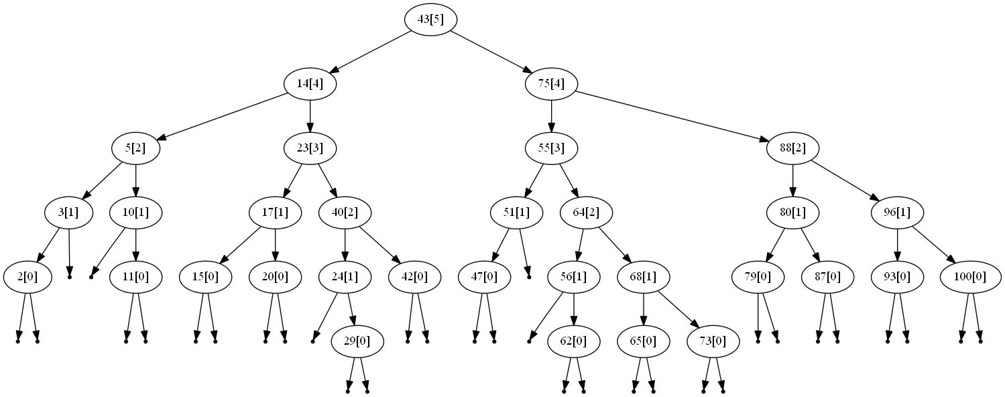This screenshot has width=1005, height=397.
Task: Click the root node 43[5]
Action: (430, 19)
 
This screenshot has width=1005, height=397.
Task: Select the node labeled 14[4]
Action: (310, 84)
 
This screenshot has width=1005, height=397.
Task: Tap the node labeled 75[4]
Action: (551, 84)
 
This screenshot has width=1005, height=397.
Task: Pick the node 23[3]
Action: (310, 148)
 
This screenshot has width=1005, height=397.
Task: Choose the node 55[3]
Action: (551, 148)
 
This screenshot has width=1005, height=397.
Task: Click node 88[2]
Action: (792, 148)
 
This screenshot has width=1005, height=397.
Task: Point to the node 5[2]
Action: (135, 148)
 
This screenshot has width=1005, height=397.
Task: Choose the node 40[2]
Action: (345, 213)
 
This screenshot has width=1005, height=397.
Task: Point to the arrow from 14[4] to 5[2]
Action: (221, 116)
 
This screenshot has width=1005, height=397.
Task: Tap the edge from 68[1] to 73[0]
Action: (678, 309)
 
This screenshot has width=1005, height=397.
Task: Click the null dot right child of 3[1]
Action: (70, 276)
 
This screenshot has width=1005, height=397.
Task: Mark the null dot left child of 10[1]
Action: (91, 276)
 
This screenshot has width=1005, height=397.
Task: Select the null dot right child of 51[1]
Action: (528, 276)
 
